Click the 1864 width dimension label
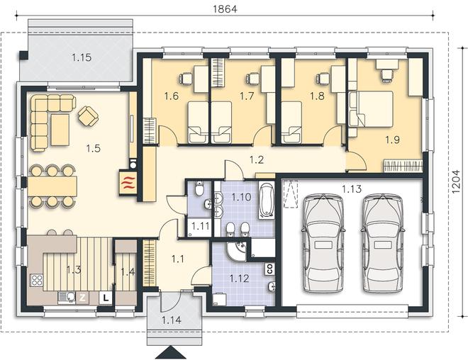tap(225, 9)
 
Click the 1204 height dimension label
tap(456, 181)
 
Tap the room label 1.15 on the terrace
tap(82, 57)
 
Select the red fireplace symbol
tap(128, 183)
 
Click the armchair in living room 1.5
tap(89, 116)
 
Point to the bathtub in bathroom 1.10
tap(266, 199)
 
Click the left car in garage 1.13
tap(323, 243)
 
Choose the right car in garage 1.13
tap(383, 243)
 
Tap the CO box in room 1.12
tap(269, 269)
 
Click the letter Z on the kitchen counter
tap(83, 298)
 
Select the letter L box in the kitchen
tap(106, 298)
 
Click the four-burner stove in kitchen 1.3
tap(37, 280)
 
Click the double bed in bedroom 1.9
tap(371, 109)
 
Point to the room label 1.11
tap(200, 226)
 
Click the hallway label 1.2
tap(257, 160)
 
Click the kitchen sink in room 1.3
tap(67, 297)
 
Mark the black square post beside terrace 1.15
tap(23, 55)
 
